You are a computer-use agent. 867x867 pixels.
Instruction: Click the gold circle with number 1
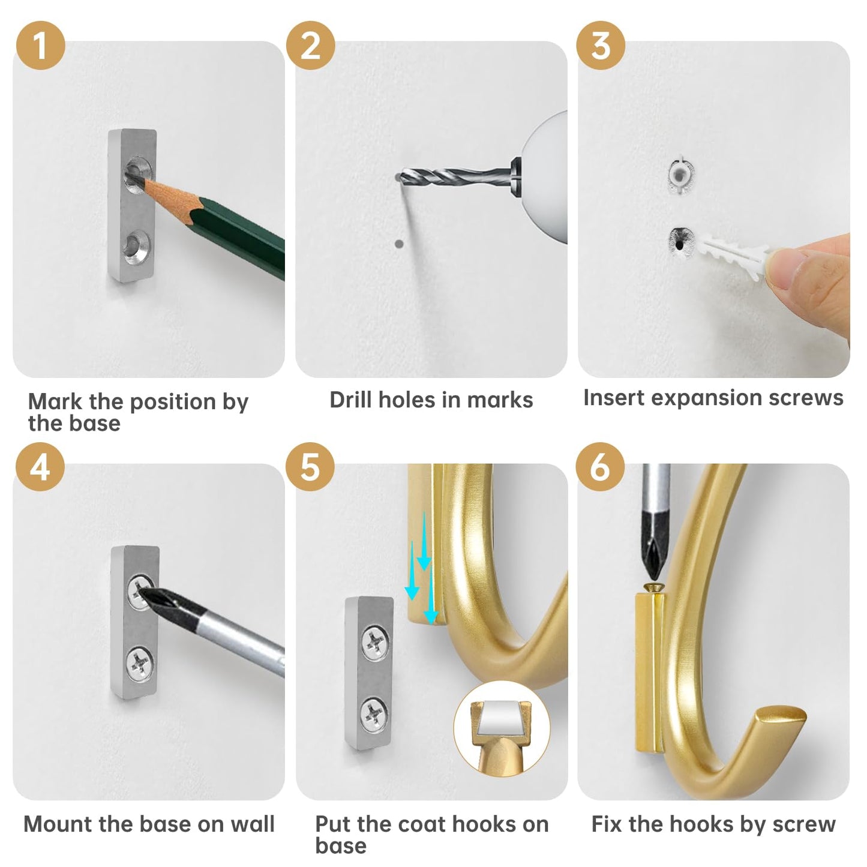click(x=40, y=45)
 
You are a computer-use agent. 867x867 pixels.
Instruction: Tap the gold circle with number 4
click(x=40, y=466)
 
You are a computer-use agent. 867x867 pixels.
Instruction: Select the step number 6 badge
click(x=600, y=466)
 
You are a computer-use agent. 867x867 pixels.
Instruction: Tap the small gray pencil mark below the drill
click(x=399, y=244)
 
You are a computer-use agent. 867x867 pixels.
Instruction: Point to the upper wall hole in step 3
click(x=681, y=173)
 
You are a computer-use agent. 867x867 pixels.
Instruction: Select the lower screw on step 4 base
click(x=139, y=664)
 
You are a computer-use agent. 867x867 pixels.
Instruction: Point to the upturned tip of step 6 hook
click(x=779, y=718)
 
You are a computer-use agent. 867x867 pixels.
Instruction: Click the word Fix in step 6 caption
click(x=607, y=824)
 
